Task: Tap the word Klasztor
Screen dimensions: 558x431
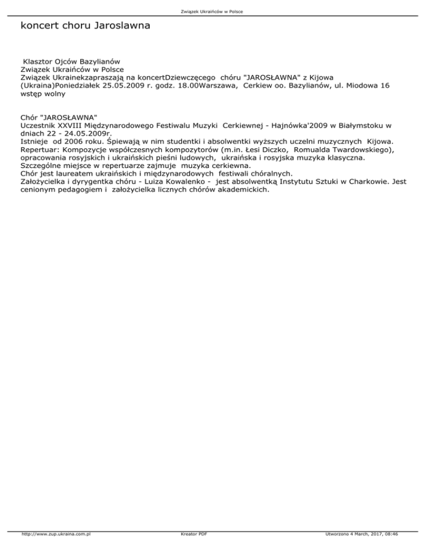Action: pos(38,61)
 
